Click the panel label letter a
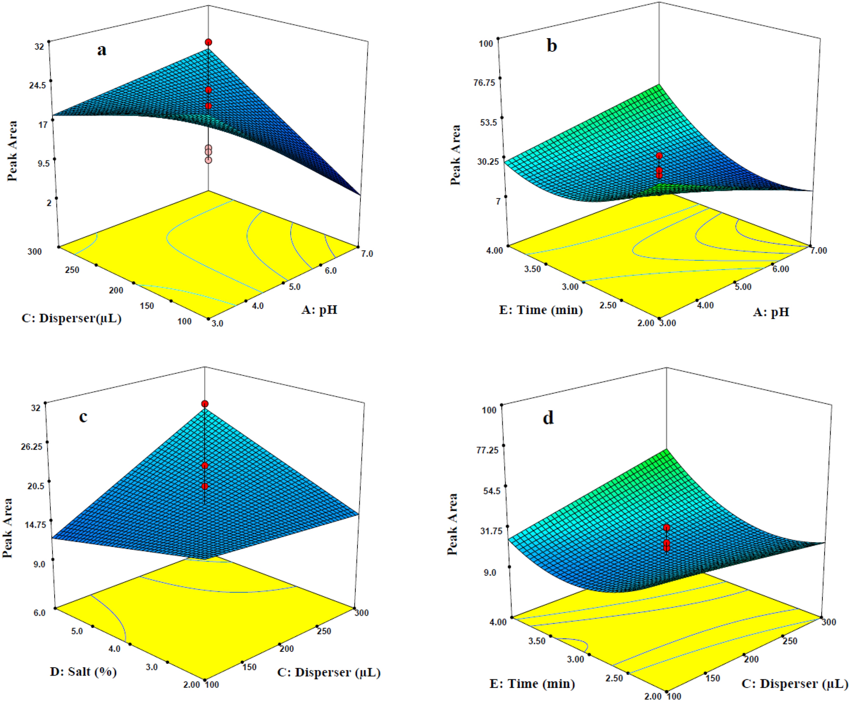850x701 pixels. tap(102, 50)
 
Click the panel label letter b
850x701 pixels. tap(551, 45)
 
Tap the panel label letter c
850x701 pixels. tap(83, 417)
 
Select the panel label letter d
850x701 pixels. tap(548, 418)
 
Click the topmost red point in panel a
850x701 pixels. tap(208, 42)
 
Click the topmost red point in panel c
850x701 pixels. tap(205, 404)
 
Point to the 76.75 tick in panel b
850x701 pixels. tap(484, 83)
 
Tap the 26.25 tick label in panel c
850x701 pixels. tap(32, 447)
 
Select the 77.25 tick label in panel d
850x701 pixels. tap(487, 450)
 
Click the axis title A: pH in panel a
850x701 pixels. tap(319, 310)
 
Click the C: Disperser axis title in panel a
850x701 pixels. tap(71, 318)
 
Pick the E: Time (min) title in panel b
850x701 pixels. tap(541, 310)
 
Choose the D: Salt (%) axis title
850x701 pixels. tap(83, 671)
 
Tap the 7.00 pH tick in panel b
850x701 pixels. tap(818, 251)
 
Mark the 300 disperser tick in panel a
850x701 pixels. tap(35, 251)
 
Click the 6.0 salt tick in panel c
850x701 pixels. tap(39, 613)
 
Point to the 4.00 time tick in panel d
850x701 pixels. tap(498, 622)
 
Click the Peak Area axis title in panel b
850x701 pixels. tap(455, 155)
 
